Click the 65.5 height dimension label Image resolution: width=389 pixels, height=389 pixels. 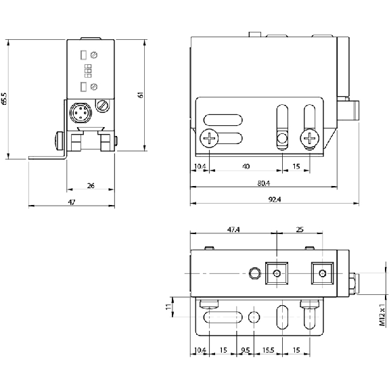point(4,99)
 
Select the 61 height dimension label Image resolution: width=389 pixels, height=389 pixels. point(141,95)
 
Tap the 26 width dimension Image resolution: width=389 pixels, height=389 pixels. point(91,185)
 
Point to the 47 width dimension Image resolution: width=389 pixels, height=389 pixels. point(72,202)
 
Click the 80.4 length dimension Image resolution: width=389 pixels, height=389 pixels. point(263,183)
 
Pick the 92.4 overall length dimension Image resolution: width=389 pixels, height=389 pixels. point(275,200)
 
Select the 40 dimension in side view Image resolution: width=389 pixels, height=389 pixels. point(246,166)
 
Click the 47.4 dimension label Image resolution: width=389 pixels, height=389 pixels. point(233,230)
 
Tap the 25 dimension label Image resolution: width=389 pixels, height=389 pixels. point(300,230)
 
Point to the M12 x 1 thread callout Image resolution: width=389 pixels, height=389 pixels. point(383,315)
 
